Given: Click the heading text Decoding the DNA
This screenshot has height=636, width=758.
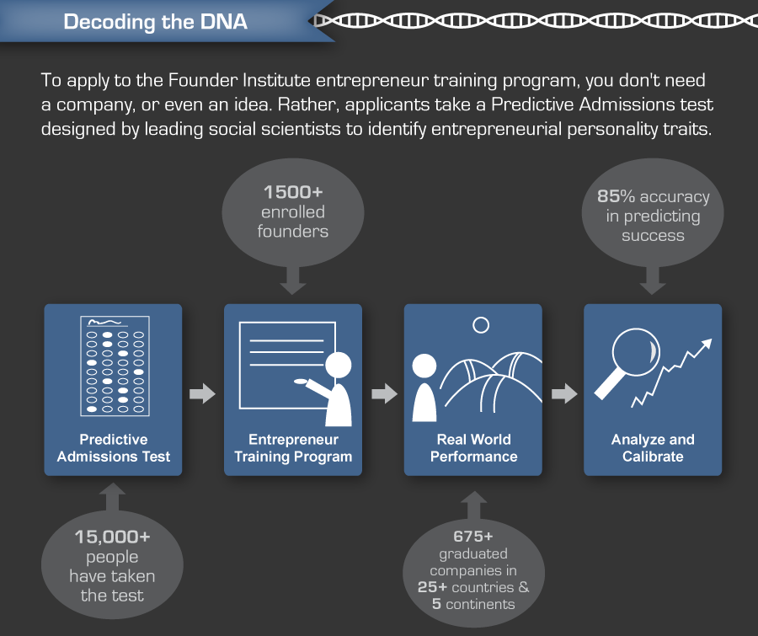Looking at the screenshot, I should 156,21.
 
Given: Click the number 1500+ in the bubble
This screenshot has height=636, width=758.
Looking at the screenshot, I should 292,192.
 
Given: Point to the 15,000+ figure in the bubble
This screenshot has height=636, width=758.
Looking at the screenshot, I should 112,536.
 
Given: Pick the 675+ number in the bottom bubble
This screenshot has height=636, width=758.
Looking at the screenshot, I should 473,536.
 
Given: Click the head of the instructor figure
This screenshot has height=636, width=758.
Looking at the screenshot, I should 339,364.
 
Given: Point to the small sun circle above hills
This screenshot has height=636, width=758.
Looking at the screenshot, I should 481,324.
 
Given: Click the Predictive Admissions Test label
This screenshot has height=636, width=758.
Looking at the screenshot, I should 113,448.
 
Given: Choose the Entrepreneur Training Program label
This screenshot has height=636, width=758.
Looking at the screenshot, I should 293,448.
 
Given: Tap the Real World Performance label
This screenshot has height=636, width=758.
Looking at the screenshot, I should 473,448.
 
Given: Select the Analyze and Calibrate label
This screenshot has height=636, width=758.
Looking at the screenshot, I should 653,448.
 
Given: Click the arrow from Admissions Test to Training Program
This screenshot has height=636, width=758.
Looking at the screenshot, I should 203,393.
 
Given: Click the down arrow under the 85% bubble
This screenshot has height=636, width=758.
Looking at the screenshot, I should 652,279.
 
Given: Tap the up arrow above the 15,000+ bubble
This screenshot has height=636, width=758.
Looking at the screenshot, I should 113,497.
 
